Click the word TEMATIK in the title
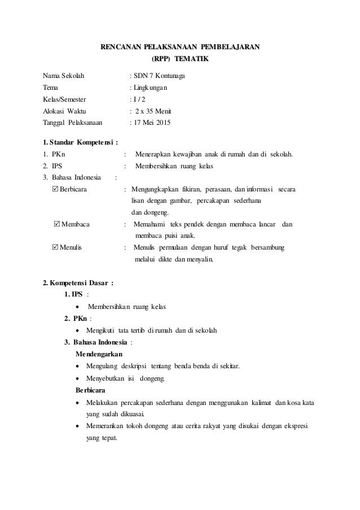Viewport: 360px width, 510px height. (191, 59)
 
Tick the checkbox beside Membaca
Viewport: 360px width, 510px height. (56, 225)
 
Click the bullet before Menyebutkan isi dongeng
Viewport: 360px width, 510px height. (77, 378)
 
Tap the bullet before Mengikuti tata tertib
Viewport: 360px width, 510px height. (77, 330)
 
